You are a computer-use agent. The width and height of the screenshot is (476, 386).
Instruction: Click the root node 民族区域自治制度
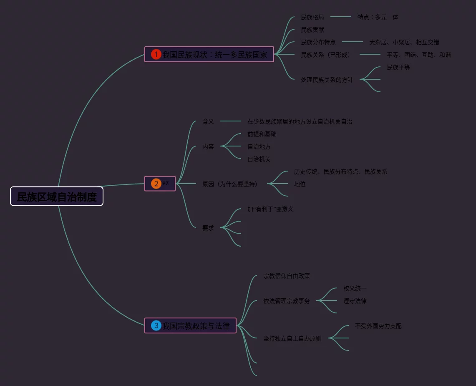pos(57,197)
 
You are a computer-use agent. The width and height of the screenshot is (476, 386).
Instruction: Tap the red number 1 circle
pos(156,54)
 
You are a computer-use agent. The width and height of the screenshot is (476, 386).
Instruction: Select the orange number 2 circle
pos(156,184)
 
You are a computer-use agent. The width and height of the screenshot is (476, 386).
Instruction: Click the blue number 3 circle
pos(156,325)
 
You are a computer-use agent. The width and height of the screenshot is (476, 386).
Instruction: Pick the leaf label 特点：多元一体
pos(378,17)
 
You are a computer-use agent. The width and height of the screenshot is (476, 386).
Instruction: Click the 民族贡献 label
pos(312,30)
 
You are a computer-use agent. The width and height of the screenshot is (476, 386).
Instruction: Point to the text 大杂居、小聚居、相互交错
pos(404,42)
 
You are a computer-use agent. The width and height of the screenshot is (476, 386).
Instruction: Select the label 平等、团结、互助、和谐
pos(418,55)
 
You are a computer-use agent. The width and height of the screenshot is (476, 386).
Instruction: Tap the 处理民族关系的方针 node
pos(327,80)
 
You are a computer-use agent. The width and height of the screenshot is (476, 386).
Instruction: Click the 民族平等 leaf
pos(398,67)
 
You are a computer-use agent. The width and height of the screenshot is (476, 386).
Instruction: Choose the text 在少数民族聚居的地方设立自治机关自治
pos(300,121)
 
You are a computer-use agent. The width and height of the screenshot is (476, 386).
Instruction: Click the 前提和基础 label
pos(262,134)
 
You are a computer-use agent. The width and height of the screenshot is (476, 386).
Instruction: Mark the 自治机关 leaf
pos(259,159)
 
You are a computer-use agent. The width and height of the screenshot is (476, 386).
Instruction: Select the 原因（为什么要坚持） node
pos(230,184)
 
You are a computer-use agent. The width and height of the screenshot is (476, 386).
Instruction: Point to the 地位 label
pos(300,184)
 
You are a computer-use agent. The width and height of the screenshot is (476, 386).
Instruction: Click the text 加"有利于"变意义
pos(270,209)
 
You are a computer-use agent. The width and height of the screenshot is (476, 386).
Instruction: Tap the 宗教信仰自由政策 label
pos(286,276)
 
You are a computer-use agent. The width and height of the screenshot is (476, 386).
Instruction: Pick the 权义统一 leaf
pos(355,288)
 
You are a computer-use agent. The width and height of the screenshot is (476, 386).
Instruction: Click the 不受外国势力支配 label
pos(378,326)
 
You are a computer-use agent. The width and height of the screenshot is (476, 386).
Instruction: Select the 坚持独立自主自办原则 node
pos(292,338)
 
